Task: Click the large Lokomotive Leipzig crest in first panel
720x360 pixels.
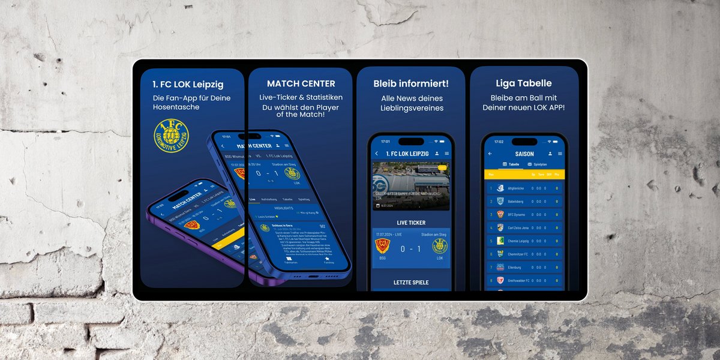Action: (171, 136)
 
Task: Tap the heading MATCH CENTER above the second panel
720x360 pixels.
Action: (301, 83)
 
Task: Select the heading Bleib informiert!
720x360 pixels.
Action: (411, 83)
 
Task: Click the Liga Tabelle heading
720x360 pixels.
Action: (524, 83)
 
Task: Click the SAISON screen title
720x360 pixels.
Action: (524, 154)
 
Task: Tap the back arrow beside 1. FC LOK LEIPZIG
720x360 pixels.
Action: (377, 154)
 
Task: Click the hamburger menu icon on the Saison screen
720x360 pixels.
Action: (560, 154)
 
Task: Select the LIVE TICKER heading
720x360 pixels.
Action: (411, 223)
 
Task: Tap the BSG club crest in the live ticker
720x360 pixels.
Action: (382, 245)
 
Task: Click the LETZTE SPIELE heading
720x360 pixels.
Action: (411, 282)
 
